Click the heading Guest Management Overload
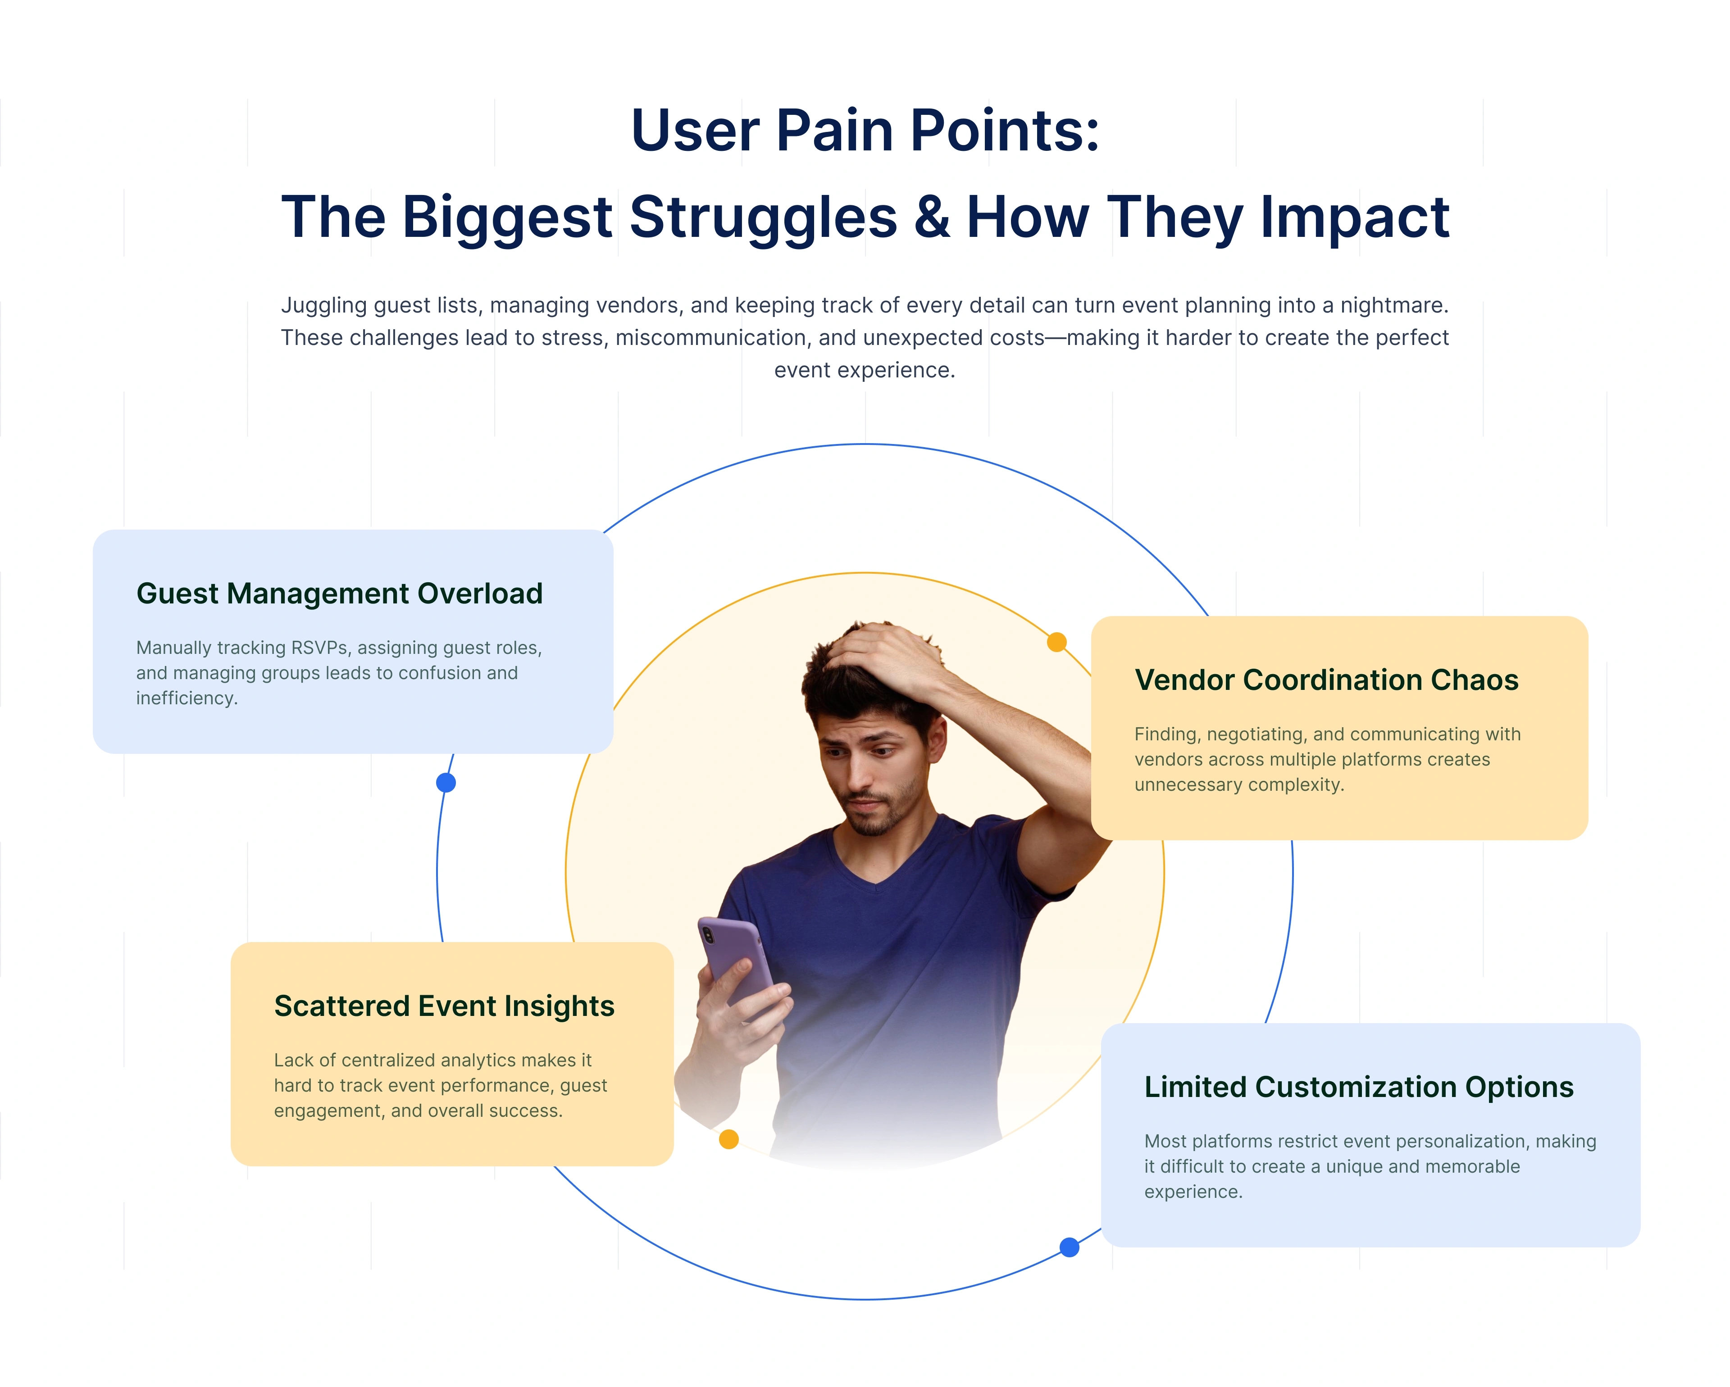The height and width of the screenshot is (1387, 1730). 339,594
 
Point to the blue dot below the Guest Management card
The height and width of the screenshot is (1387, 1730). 446,783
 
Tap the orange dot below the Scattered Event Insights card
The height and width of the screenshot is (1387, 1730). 728,1139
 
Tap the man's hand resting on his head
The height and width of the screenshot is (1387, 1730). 883,654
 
